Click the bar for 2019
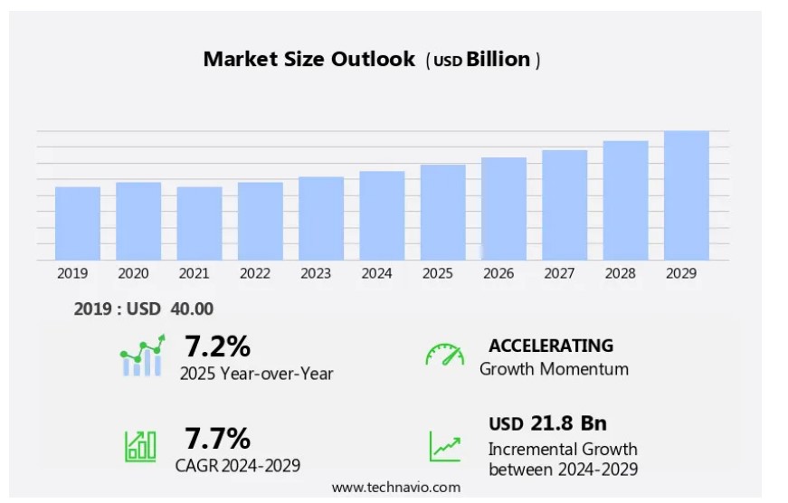[78, 223]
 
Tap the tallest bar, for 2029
[687, 195]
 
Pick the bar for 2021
[199, 223]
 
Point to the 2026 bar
[504, 209]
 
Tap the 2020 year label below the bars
[133, 273]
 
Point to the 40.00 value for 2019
[191, 308]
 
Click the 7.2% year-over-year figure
[218, 346]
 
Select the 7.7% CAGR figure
[218, 439]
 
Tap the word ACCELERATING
[551, 346]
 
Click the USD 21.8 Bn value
[547, 423]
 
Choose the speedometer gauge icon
[444, 355]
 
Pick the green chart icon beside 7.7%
[140, 444]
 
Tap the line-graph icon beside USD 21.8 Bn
[444, 445]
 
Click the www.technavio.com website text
[395, 487]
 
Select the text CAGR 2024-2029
[238, 466]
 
